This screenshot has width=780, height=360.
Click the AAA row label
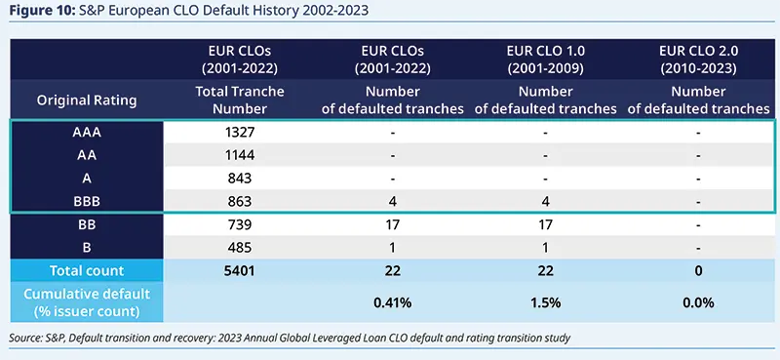click(86, 130)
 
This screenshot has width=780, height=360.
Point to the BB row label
click(86, 224)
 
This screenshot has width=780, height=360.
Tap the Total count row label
click(86, 271)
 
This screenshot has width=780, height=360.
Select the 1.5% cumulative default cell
click(545, 302)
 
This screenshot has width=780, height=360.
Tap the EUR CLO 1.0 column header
click(545, 59)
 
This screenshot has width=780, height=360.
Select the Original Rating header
click(87, 100)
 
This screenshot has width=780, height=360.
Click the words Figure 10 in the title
click(41, 11)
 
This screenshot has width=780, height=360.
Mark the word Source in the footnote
click(26, 338)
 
